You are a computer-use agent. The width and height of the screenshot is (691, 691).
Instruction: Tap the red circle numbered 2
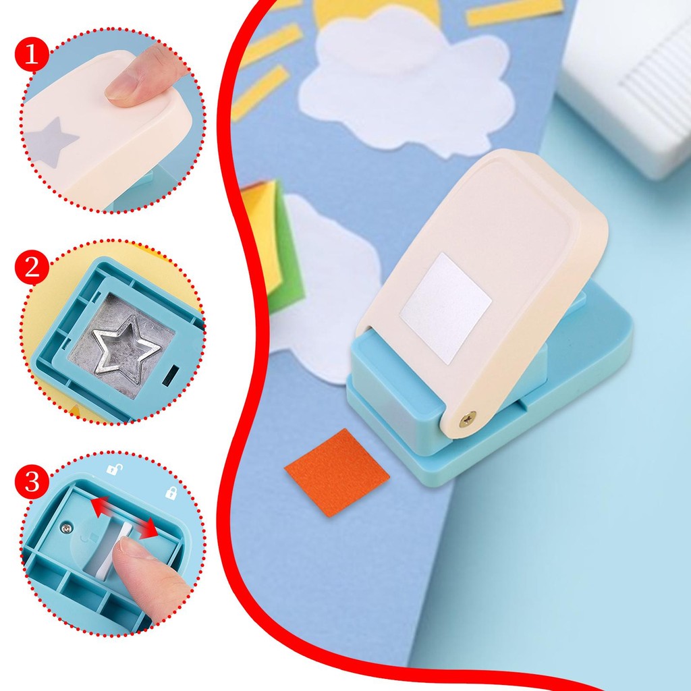pos(31,267)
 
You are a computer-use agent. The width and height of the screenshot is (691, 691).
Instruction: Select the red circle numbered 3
pos(31,482)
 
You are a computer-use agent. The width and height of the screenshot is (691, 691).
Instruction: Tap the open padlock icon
pos(114,469)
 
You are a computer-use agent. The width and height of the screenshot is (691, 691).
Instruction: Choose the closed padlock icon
pos(171,493)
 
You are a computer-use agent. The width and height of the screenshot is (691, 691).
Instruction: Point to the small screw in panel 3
pos(67,526)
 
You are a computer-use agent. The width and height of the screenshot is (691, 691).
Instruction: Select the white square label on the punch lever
pos(445,308)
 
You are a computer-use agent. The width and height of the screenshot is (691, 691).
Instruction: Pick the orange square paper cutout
pos(337,472)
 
